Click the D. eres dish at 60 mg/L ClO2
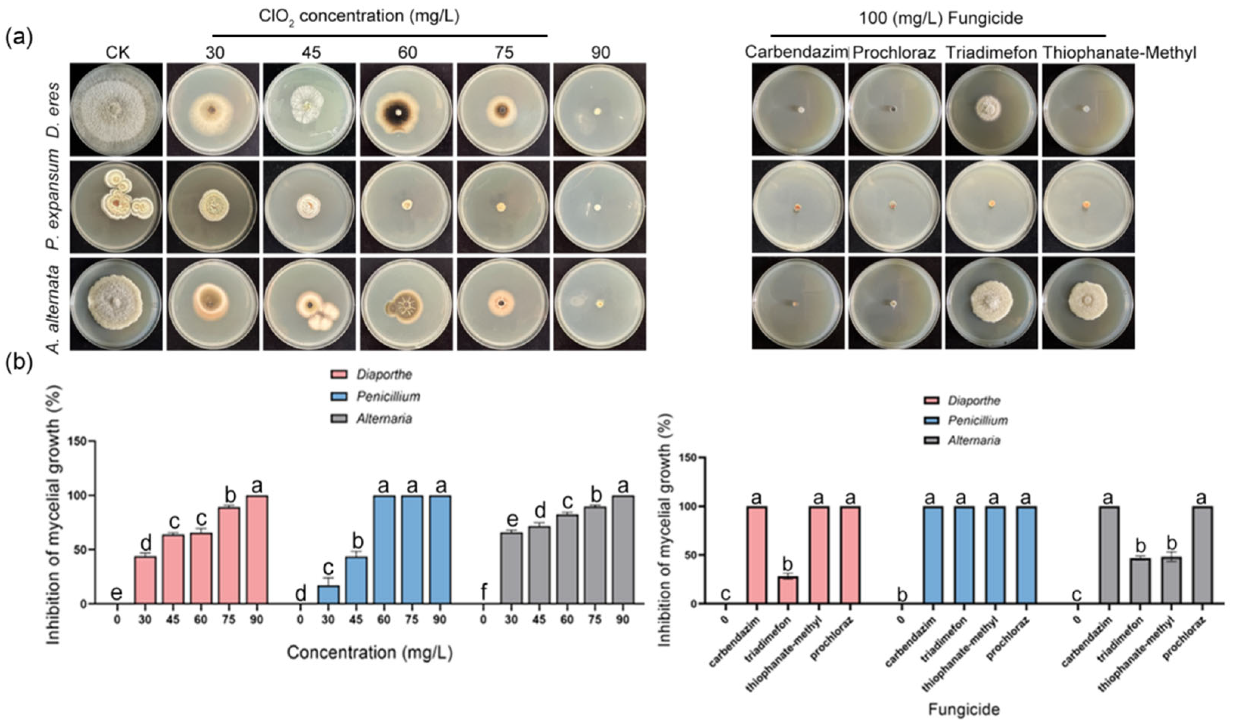406,110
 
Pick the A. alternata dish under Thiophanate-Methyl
1088,302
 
